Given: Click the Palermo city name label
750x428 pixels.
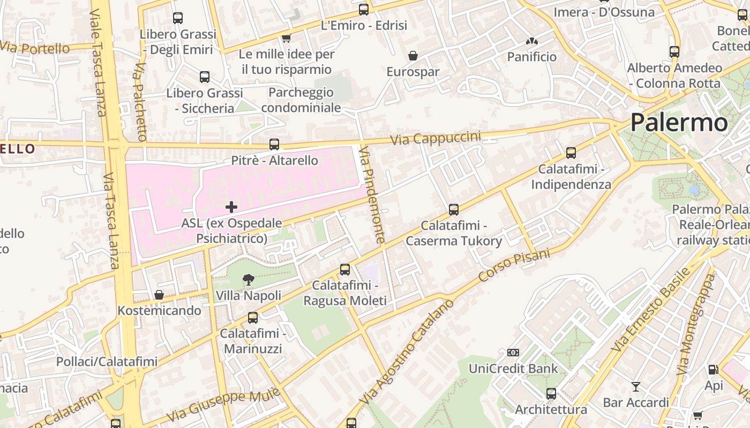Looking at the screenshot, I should point(679,123).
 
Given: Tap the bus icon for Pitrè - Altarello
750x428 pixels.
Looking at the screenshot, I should point(274,144).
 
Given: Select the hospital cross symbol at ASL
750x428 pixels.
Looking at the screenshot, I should point(231,207).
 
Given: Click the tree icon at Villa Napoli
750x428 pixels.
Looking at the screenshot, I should point(248,279).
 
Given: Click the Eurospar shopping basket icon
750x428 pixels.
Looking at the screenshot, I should point(413,56).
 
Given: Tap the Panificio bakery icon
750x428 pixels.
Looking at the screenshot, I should point(531,41).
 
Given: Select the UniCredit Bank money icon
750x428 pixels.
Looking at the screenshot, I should point(513,353).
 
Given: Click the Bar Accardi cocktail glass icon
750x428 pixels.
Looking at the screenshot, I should point(635,386).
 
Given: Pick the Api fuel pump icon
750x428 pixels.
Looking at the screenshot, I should point(713,370).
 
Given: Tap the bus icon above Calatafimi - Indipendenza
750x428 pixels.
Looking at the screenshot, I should point(571,152).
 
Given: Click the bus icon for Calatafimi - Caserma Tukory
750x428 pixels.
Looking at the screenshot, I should point(454,209).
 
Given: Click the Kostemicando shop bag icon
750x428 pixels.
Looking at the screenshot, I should point(159,295).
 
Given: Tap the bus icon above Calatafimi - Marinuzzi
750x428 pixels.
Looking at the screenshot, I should point(253,318).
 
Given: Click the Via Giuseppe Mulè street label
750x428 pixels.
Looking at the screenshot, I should point(223,404).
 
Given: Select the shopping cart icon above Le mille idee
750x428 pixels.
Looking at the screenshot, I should point(286,38).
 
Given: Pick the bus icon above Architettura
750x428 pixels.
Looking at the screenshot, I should point(551,394).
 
